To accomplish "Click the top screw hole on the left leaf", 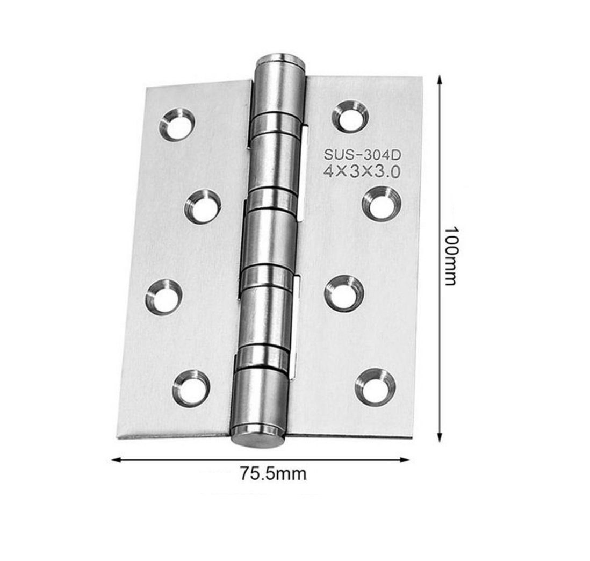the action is click(x=177, y=125).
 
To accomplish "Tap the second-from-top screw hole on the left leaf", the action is click(x=203, y=207).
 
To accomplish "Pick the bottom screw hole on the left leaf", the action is click(x=191, y=388).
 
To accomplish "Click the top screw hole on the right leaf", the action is click(x=350, y=117).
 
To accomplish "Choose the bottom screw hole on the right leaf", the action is click(x=375, y=387).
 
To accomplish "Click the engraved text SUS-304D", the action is click(x=362, y=155).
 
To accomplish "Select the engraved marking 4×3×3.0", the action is click(x=362, y=172).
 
